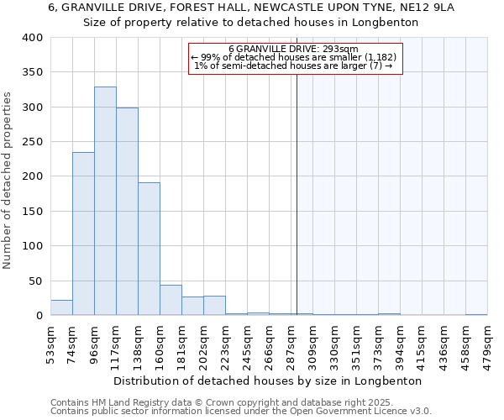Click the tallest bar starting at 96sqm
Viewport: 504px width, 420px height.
tap(105, 202)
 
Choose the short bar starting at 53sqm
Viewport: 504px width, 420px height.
tap(61, 307)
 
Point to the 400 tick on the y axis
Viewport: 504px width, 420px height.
tap(32, 38)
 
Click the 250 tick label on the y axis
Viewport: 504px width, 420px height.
tap(32, 142)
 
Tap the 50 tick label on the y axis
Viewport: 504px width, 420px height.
tap(35, 281)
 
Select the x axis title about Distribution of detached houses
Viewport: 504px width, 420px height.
tap(267, 381)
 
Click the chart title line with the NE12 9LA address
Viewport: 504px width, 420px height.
tap(251, 8)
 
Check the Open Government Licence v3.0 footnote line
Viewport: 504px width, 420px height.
tap(241, 412)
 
